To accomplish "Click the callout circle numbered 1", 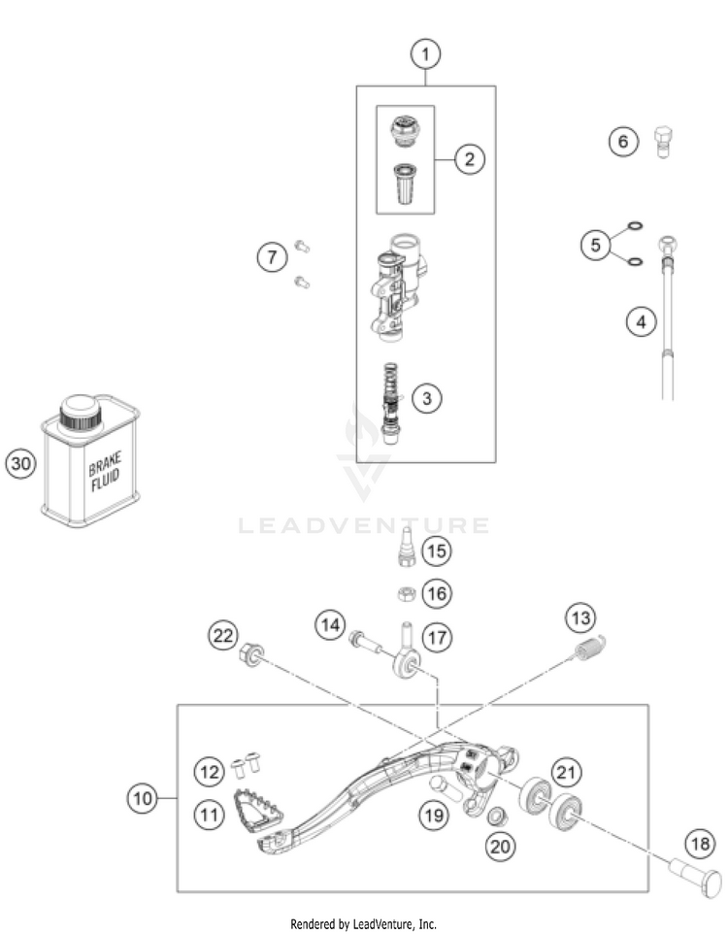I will tap(424, 55).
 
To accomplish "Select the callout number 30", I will tap(20, 464).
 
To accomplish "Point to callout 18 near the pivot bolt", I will tap(699, 843).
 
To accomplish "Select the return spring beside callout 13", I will tap(585, 650).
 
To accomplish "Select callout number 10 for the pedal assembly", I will tap(143, 799).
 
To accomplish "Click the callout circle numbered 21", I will tap(565, 771).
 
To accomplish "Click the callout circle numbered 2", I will tap(469, 158).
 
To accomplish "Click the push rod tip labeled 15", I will tap(406, 546).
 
